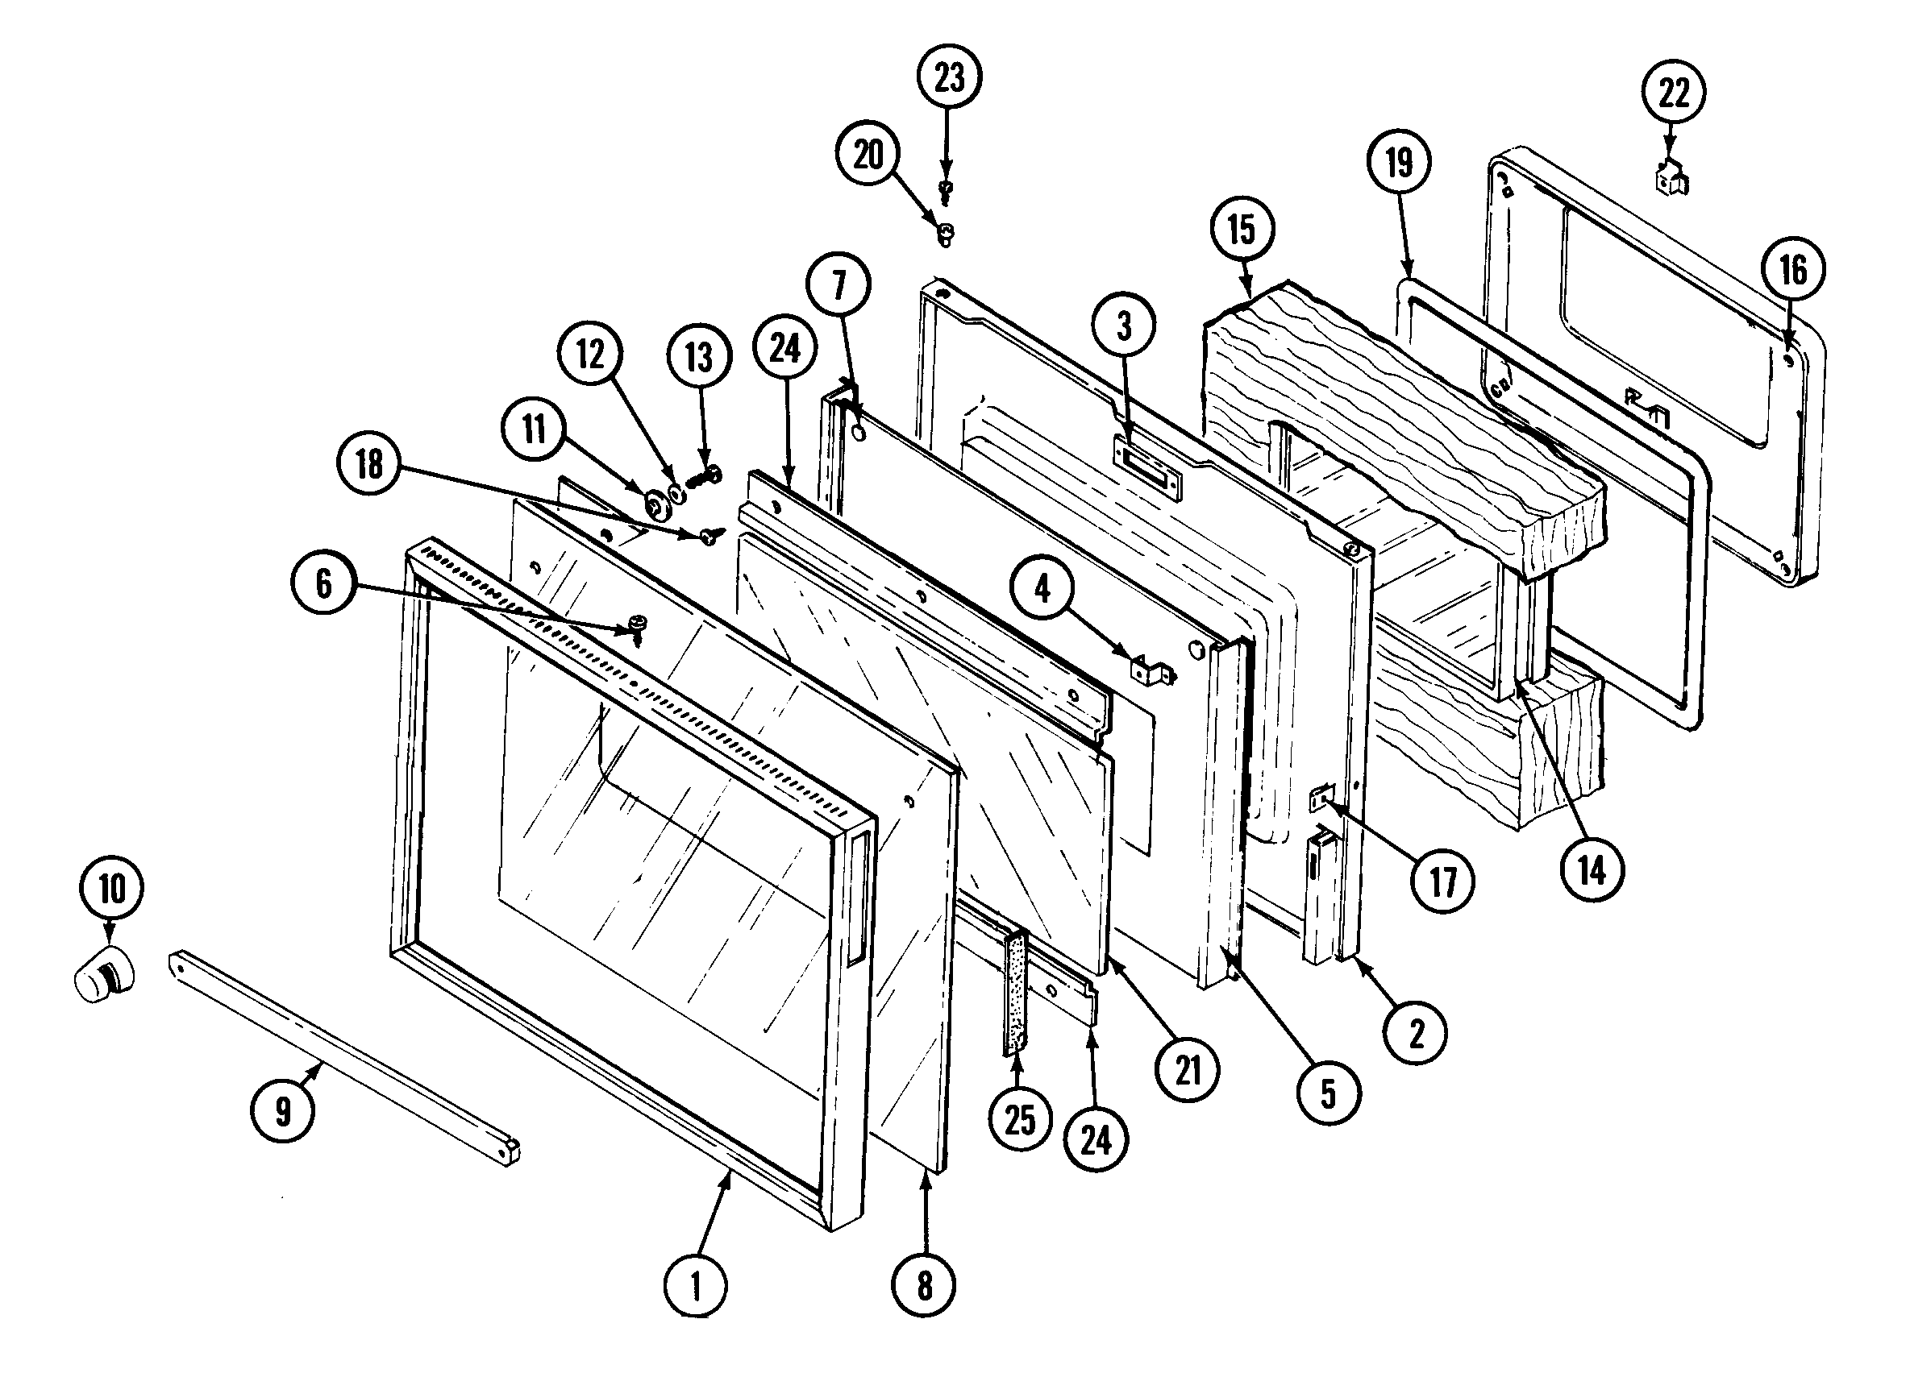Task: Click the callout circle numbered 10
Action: pyautogui.click(x=112, y=889)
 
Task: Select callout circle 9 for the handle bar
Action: pyautogui.click(x=283, y=1111)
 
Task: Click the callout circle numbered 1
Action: pyautogui.click(x=696, y=1286)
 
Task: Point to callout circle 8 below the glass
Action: pyautogui.click(x=925, y=1285)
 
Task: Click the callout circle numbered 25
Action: pyautogui.click(x=1020, y=1120)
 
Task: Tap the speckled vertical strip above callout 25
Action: pyautogui.click(x=1015, y=993)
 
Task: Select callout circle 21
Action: pyautogui.click(x=1188, y=1071)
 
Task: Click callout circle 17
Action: pyautogui.click(x=1442, y=882)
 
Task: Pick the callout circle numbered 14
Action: pyautogui.click(x=1592, y=871)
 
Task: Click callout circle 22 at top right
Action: pyautogui.click(x=1673, y=92)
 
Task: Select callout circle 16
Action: pyautogui.click(x=1794, y=271)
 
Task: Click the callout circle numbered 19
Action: pyautogui.click(x=1399, y=163)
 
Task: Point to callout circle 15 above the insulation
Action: pyautogui.click(x=1242, y=230)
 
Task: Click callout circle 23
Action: pyautogui.click(x=949, y=77)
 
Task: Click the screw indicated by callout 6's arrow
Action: pyautogui.click(x=639, y=627)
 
